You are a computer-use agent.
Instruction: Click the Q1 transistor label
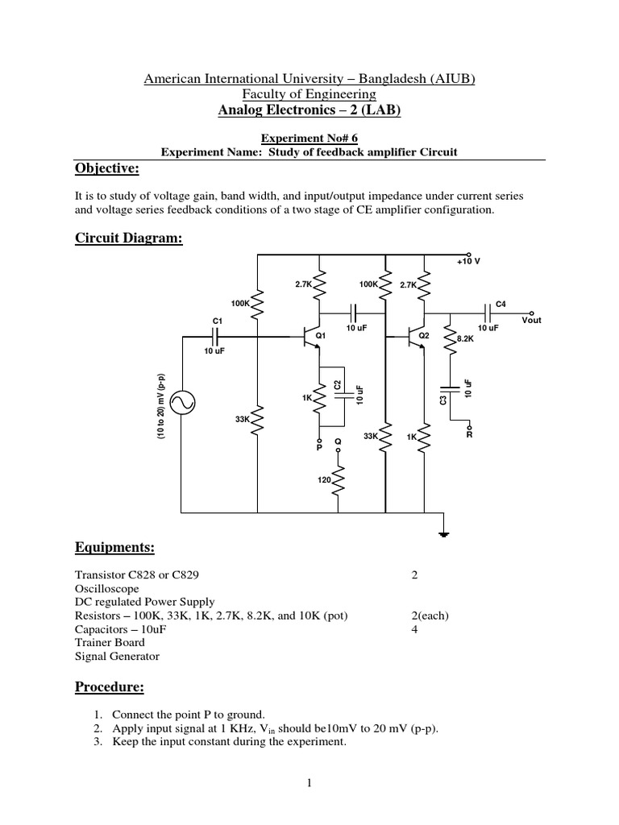tap(320, 334)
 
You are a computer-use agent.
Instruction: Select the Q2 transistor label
tap(424, 334)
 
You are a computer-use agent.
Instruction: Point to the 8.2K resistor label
tap(465, 339)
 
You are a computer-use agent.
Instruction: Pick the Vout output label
tap(531, 320)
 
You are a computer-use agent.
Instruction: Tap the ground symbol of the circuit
tap(442, 532)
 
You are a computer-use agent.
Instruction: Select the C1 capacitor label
tap(217, 321)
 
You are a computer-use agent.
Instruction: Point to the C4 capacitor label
tap(501, 303)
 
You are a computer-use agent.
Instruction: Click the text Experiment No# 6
tap(309, 138)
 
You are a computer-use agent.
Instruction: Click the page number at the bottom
tap(309, 783)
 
